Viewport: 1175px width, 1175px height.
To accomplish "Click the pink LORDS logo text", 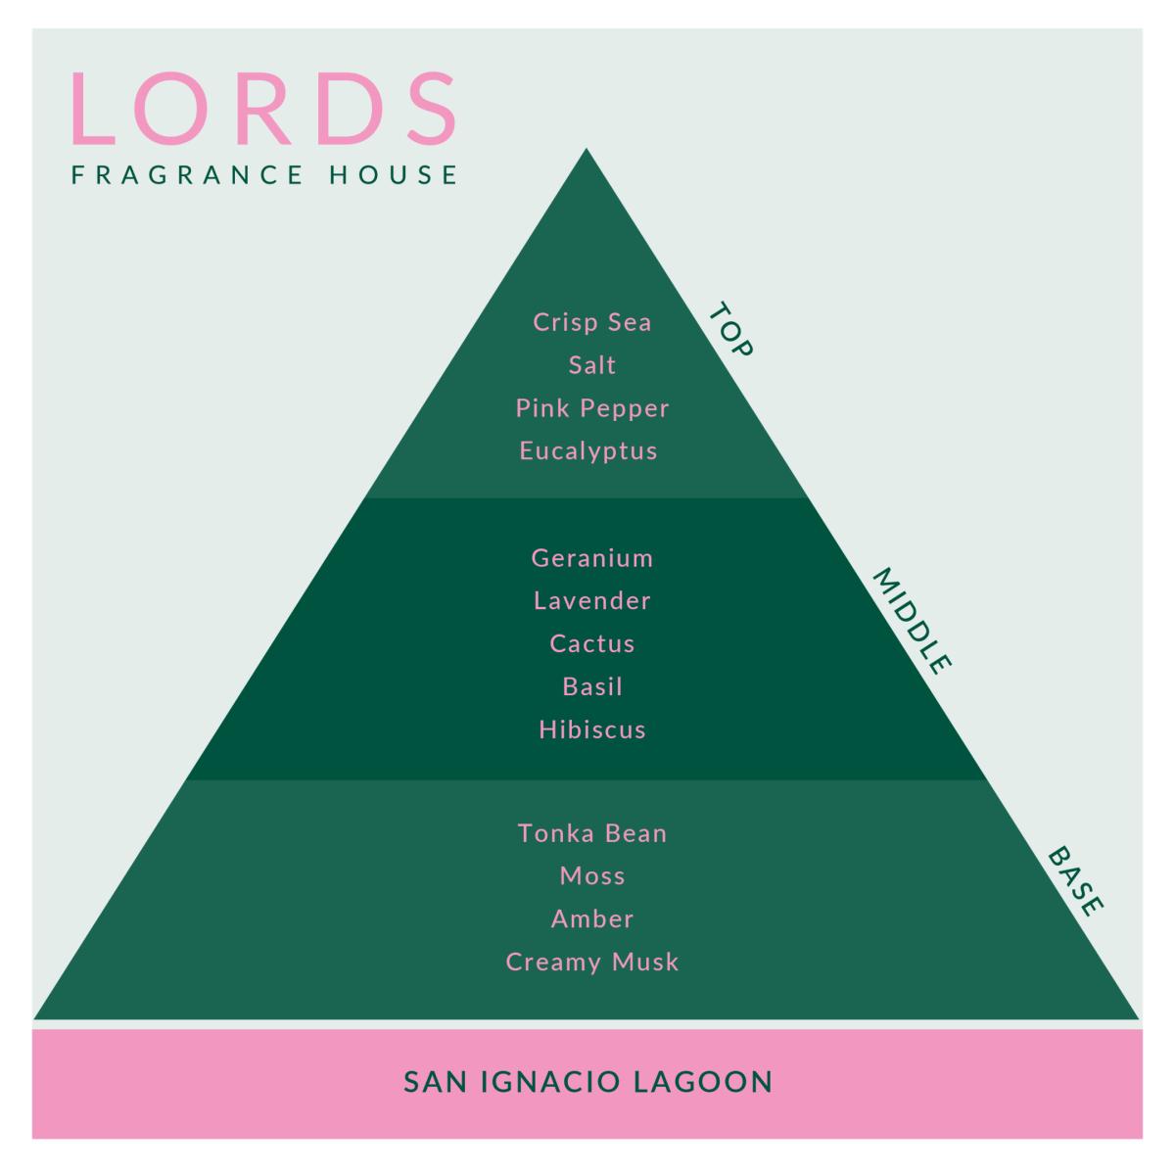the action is pos(263,109).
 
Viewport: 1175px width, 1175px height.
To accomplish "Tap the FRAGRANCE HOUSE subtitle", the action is pos(264,174).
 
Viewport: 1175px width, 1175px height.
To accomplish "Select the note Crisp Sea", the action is pos(592,322).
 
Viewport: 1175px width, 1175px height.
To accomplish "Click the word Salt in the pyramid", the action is pos(592,364).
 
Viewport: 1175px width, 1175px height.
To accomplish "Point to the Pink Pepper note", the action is pos(592,408).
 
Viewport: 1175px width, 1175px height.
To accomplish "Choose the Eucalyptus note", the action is pos(588,451).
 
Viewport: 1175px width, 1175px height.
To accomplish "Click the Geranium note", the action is pos(592,558).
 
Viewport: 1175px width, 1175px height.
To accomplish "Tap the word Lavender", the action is pos(592,600).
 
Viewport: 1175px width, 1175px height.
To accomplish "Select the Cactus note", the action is pos(592,643).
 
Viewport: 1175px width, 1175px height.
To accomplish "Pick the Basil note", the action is pos(592,686).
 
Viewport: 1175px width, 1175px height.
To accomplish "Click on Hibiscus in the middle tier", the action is pos(592,729).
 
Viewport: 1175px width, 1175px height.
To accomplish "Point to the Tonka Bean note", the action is pos(592,833).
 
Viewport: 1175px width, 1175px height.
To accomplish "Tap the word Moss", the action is pos(592,876).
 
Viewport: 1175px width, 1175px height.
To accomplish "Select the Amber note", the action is pos(592,918).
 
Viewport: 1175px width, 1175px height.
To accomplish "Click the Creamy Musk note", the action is pos(592,963).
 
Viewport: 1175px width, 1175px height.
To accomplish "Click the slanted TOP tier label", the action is pos(730,329).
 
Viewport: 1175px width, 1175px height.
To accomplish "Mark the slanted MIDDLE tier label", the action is pos(912,621).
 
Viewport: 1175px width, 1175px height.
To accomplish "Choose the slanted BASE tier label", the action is pos(1075,880).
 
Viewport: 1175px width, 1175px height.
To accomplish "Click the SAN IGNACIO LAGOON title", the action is pos(587,1082).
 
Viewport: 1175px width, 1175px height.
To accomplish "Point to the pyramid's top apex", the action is pos(586,148).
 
